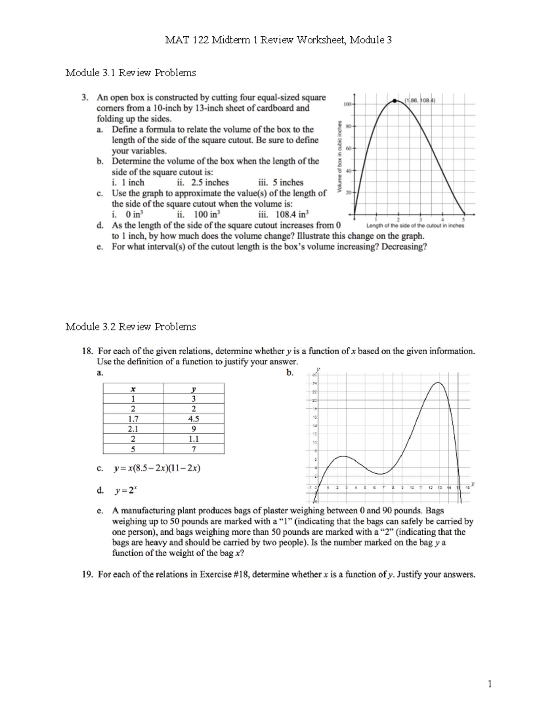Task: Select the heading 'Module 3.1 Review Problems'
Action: pyautogui.click(x=131, y=73)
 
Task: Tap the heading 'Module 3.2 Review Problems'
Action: pyautogui.click(x=131, y=326)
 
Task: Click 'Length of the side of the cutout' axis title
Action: pyautogui.click(x=415, y=225)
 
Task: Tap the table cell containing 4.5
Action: pyautogui.click(x=193, y=418)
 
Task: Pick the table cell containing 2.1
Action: pyautogui.click(x=133, y=429)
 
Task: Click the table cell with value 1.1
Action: pyautogui.click(x=193, y=439)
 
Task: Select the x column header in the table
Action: pyautogui.click(x=133, y=389)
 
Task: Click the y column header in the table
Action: pyautogui.click(x=193, y=389)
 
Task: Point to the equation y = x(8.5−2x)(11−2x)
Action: pyautogui.click(x=157, y=468)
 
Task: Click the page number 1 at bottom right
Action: pyautogui.click(x=489, y=683)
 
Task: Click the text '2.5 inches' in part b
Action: pyautogui.click(x=210, y=182)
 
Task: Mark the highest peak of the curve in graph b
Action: pyautogui.click(x=438, y=383)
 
